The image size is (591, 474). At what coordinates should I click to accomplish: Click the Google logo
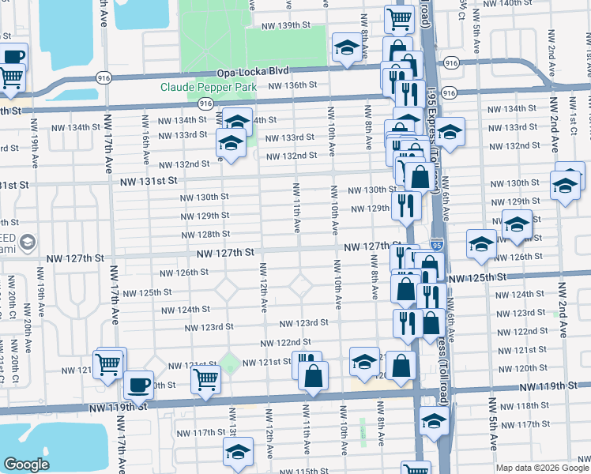pos(27,465)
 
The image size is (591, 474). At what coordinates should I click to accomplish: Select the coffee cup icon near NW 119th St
pos(139,385)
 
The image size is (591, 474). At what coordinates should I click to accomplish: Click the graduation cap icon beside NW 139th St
pos(346,48)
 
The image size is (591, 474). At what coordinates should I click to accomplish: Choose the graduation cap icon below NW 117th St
pos(237,453)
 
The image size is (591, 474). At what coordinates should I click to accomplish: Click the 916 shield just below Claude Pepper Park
pos(205,104)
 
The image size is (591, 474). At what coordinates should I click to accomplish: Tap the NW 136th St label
pos(292,85)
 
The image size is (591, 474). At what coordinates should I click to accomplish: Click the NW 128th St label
pos(205,235)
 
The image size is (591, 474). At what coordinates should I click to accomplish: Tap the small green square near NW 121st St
pos(230,364)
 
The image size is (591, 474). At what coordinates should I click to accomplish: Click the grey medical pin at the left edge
pos(28,241)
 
